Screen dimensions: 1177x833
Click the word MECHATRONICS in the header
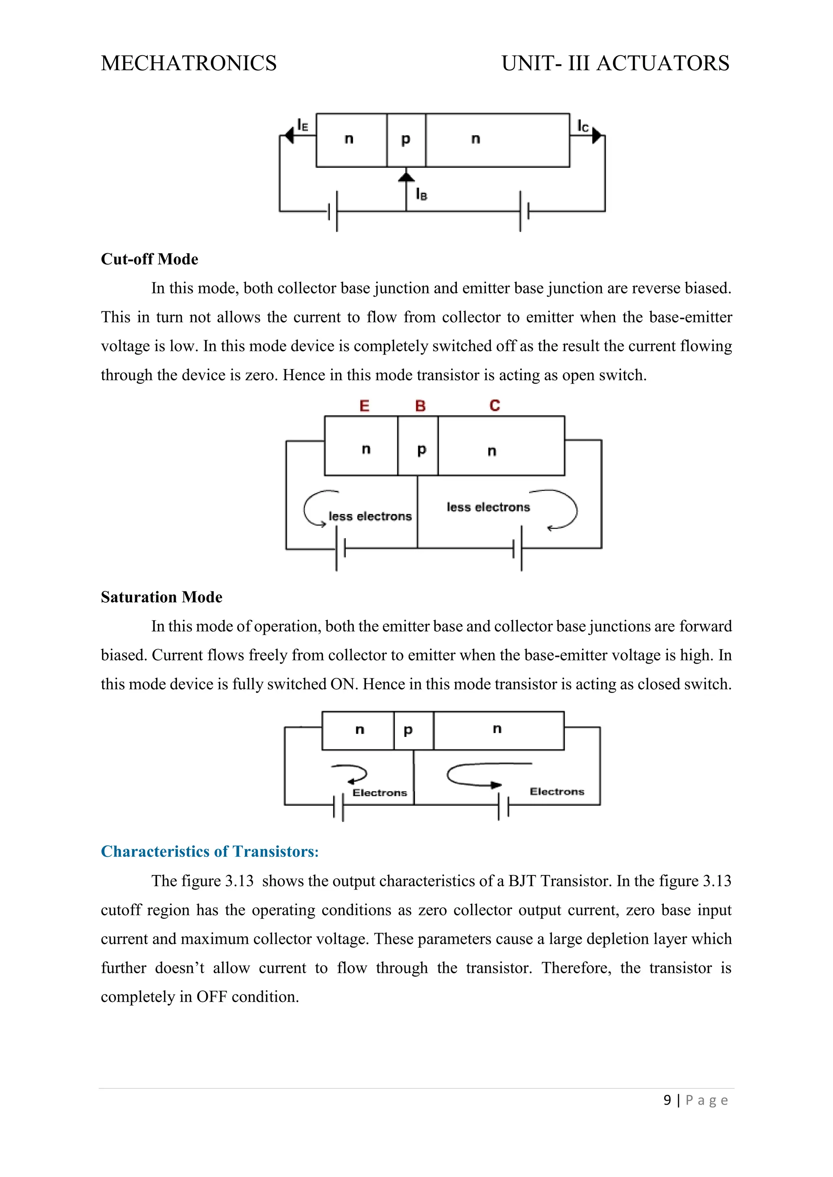tap(189, 63)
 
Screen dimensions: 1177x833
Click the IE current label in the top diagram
tap(303, 125)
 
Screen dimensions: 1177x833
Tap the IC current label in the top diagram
tap(583, 126)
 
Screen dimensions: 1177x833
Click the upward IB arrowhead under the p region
tap(406, 177)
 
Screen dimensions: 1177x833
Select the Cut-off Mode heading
tap(149, 259)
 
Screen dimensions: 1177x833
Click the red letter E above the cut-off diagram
tap(364, 406)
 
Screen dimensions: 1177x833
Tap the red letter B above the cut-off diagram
tap(420, 406)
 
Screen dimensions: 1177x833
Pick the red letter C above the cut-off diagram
tap(495, 406)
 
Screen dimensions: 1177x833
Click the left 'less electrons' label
tap(370, 516)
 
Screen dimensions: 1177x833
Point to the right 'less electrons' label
tap(488, 507)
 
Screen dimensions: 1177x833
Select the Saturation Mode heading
tap(161, 597)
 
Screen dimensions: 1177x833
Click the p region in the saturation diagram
tap(408, 730)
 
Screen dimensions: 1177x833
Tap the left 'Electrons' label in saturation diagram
tap(379, 793)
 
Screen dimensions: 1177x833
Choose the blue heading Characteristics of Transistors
tap(210, 851)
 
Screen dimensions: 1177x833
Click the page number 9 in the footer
tap(667, 1100)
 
